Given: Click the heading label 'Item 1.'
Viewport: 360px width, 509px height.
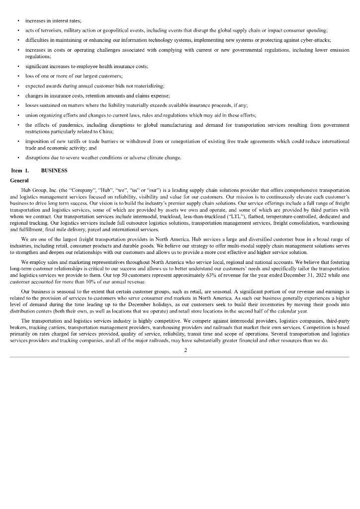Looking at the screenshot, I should point(20,170).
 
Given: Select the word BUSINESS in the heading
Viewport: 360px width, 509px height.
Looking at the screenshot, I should point(54,170).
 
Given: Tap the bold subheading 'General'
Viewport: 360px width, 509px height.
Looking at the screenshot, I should point(19,180).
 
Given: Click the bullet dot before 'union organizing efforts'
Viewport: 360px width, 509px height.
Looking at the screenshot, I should point(18,115).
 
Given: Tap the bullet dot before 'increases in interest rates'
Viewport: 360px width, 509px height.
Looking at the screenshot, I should point(18,22).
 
